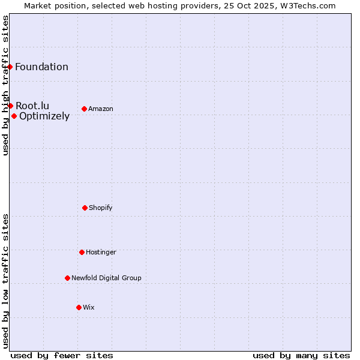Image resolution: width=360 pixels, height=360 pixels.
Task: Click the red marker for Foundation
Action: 10,67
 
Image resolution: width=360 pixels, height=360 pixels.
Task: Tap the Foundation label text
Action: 41,67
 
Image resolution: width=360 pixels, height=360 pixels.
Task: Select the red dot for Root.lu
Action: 10,106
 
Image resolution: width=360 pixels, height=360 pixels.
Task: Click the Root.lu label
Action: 32,106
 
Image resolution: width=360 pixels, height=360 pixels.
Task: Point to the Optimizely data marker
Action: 14,116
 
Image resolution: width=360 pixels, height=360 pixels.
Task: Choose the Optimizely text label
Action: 44,116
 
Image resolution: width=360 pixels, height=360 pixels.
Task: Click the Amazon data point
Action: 84,109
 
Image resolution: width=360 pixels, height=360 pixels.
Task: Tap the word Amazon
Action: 100,109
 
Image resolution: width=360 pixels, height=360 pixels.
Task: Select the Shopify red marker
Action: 85,208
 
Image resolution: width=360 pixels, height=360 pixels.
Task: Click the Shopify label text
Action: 100,208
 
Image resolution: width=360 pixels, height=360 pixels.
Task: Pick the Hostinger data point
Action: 82,252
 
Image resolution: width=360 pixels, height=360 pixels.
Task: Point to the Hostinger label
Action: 101,253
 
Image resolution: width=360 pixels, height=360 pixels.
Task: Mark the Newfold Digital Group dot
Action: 67,278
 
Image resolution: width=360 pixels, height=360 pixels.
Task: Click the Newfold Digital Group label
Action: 106,278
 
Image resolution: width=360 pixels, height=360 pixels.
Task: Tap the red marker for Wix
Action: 79,307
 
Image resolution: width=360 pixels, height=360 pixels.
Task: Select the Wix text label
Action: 89,308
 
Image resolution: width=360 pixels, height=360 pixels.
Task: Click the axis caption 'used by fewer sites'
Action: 62,355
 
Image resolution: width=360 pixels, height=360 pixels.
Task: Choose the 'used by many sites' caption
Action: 301,355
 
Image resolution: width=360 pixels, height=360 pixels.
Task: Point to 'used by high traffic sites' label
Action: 5,85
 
